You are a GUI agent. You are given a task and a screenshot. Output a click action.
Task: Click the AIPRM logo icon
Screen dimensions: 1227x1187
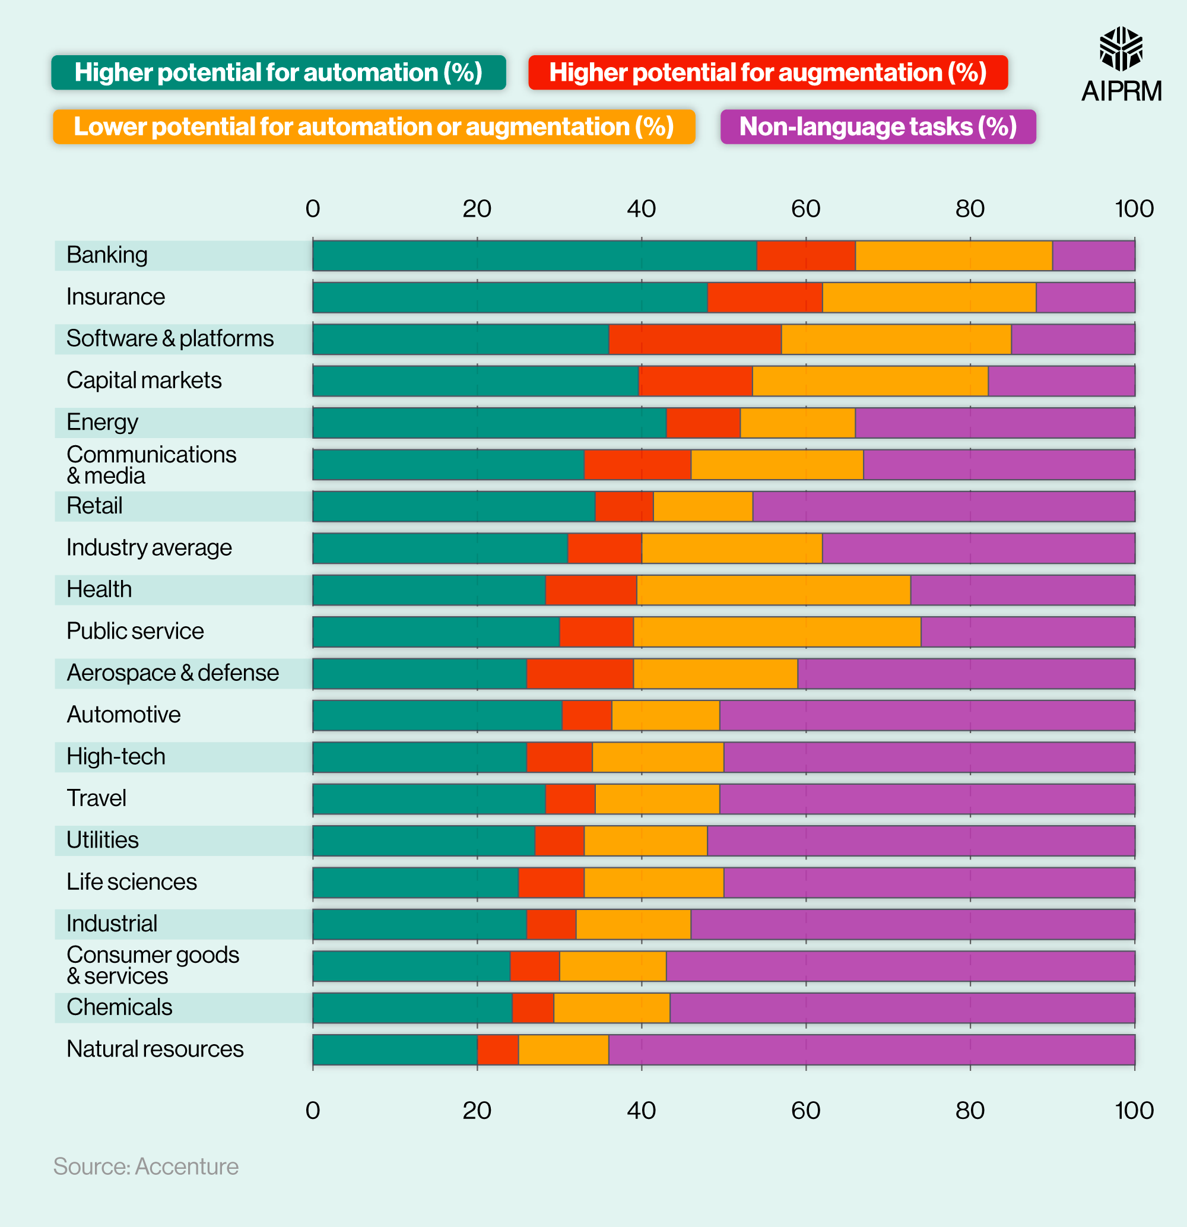click(1121, 49)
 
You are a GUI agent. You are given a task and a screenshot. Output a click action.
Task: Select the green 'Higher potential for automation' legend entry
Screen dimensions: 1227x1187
click(278, 72)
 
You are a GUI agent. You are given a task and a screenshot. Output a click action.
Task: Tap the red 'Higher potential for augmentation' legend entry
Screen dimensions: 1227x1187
click(767, 72)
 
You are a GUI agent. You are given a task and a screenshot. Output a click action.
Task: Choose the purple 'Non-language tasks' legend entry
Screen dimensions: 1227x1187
click(878, 127)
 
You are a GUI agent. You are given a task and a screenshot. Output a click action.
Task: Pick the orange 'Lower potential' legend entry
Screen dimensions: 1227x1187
click(374, 127)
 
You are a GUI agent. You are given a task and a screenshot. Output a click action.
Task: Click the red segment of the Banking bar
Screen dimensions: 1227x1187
click(806, 255)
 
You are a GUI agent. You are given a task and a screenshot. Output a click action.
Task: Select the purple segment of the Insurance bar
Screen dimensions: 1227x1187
click(1085, 297)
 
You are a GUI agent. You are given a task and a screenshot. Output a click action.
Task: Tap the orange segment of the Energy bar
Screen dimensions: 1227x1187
click(797, 423)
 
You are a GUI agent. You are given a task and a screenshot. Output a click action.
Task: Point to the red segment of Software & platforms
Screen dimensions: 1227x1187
click(694, 340)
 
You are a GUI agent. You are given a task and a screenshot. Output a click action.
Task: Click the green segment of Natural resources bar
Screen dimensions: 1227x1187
click(395, 1050)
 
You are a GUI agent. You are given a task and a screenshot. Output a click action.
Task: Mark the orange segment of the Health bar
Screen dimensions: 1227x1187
click(773, 589)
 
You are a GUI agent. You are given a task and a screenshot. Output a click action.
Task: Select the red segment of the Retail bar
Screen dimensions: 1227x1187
click(624, 506)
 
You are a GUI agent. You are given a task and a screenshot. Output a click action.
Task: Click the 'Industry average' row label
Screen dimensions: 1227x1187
click(149, 548)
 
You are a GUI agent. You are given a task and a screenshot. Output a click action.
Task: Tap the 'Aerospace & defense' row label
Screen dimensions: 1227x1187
click(172, 673)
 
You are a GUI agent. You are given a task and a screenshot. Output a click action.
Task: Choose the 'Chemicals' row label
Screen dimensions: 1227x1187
click(119, 1007)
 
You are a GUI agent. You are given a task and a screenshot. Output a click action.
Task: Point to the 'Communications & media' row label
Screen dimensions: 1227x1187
click(151, 465)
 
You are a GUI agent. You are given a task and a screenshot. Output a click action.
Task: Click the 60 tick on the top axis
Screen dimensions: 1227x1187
click(805, 209)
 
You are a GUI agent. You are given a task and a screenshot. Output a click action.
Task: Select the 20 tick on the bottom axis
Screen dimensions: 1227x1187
click(477, 1111)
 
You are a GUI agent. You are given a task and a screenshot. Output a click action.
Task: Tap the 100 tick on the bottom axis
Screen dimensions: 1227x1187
click(1134, 1111)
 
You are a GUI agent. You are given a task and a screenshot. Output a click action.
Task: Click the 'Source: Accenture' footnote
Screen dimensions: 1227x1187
click(146, 1167)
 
